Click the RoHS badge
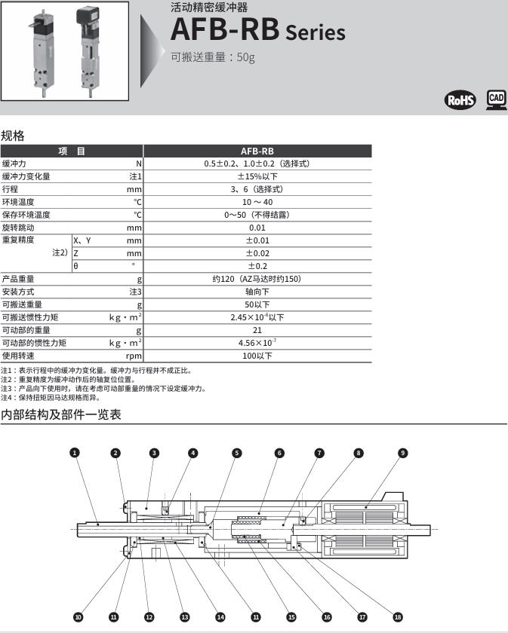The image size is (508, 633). pyautogui.click(x=461, y=100)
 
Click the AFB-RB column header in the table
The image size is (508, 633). pyautogui.click(x=257, y=151)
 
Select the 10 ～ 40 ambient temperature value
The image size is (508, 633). pyautogui.click(x=257, y=202)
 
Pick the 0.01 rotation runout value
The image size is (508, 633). pyautogui.click(x=257, y=228)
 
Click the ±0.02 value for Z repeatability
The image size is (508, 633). pyautogui.click(x=257, y=253)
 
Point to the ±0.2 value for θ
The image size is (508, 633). pyautogui.click(x=257, y=266)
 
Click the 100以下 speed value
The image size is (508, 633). pyautogui.click(x=257, y=356)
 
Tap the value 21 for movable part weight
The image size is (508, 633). pyautogui.click(x=257, y=330)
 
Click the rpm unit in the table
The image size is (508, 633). pyautogui.click(x=134, y=356)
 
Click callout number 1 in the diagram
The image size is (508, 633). pyautogui.click(x=74, y=453)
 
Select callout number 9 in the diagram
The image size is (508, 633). pyautogui.click(x=403, y=453)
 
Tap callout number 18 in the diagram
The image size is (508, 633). pyautogui.click(x=398, y=616)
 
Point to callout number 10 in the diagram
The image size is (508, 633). pyautogui.click(x=78, y=616)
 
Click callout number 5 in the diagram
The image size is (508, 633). pyautogui.click(x=237, y=453)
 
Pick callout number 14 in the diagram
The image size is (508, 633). pyautogui.click(x=220, y=616)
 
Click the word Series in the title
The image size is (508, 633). pyautogui.click(x=315, y=33)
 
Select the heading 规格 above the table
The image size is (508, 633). pyautogui.click(x=13, y=136)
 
